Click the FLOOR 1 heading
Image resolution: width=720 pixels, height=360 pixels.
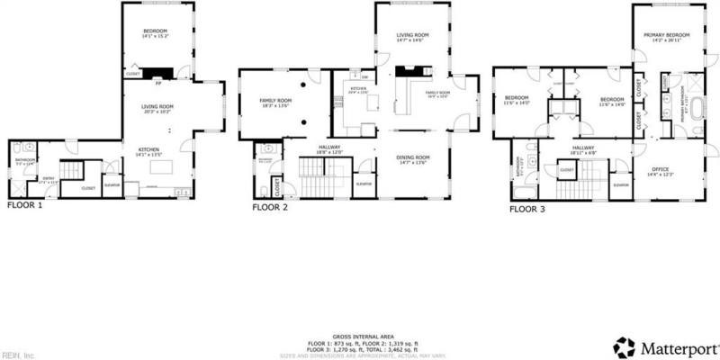pyautogui.click(x=25, y=204)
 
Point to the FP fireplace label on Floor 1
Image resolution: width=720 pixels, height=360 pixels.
pyautogui.click(x=158, y=84)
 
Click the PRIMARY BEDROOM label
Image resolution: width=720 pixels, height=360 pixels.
pyautogui.click(x=665, y=36)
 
